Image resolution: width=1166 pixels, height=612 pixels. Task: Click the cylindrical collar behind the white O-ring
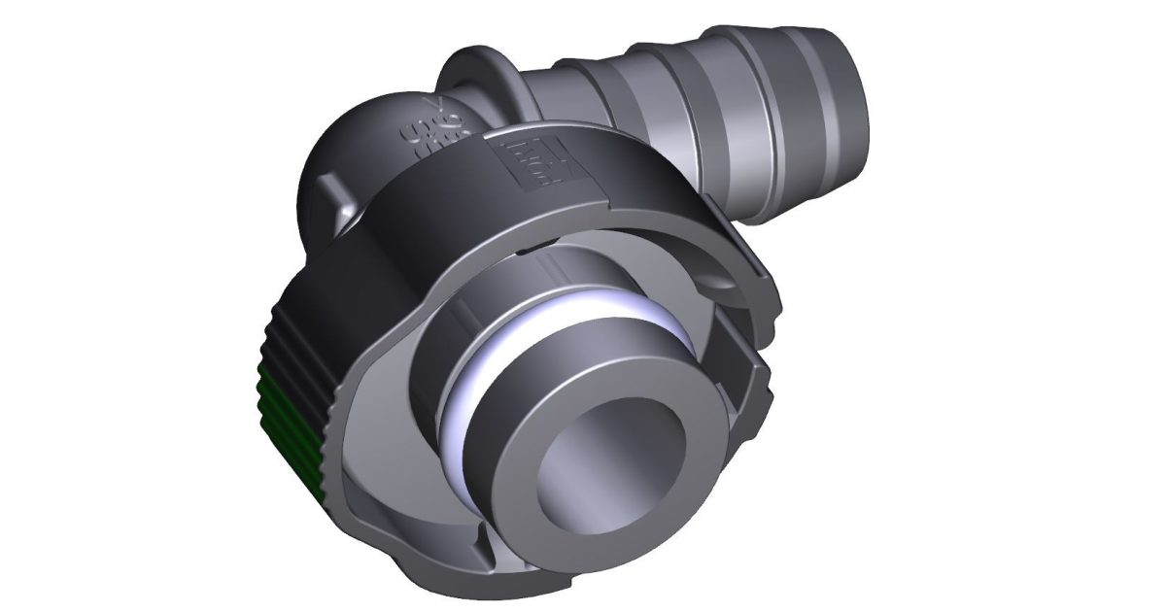pos(505,301)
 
